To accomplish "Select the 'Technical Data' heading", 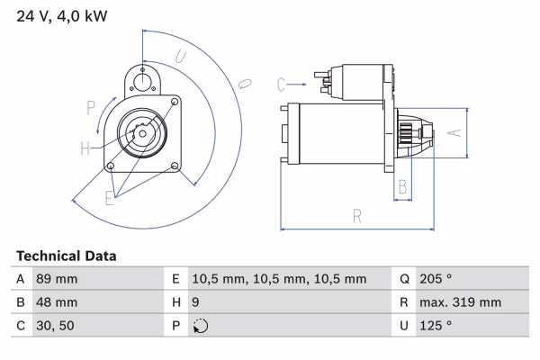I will tap(66, 256).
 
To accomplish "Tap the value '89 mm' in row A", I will tap(56, 280).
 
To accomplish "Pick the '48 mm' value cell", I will tap(56, 303).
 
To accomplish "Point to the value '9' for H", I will tap(197, 303).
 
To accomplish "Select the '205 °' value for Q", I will tap(436, 280).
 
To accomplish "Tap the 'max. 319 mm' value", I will tap(460, 303).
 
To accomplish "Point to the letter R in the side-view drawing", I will tap(357, 216).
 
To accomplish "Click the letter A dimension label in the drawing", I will tap(454, 133).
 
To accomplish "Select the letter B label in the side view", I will tap(404, 186).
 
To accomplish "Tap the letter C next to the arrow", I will tap(281, 85).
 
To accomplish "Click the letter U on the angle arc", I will tap(180, 57).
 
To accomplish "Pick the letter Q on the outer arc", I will tap(243, 84).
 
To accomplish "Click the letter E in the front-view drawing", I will tap(110, 198).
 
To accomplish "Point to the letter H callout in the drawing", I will tap(84, 148).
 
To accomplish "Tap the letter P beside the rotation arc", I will tap(91, 108).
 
